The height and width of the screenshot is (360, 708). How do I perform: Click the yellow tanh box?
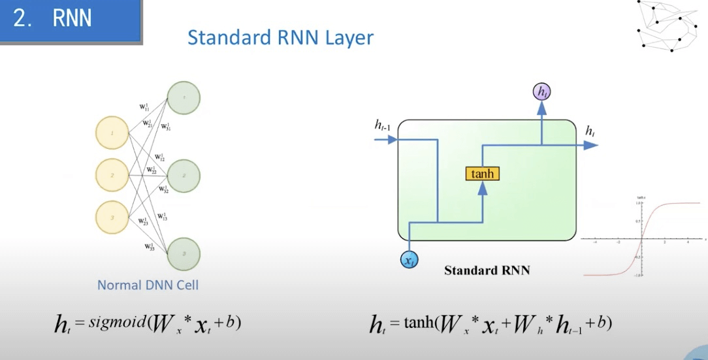tap(483, 174)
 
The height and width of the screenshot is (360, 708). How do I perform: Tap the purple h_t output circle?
tap(542, 92)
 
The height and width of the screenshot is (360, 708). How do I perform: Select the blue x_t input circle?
tap(410, 260)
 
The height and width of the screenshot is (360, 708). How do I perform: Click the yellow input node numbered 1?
tap(112, 134)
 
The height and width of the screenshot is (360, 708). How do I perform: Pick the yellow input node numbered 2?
tap(112, 175)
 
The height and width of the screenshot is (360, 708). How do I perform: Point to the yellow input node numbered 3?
tap(112, 218)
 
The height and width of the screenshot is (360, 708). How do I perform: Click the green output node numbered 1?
tap(184, 98)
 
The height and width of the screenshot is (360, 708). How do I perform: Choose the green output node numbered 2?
tap(184, 176)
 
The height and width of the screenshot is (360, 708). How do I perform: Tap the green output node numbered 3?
tap(184, 254)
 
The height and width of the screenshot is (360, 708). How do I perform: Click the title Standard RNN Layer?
tap(280, 37)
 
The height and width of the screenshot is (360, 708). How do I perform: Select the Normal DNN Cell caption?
tap(148, 285)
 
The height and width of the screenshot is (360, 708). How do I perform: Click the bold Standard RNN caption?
tap(487, 270)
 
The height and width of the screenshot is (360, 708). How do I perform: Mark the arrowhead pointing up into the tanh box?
tap(483, 187)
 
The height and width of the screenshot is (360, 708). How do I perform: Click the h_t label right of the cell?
tap(590, 132)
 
